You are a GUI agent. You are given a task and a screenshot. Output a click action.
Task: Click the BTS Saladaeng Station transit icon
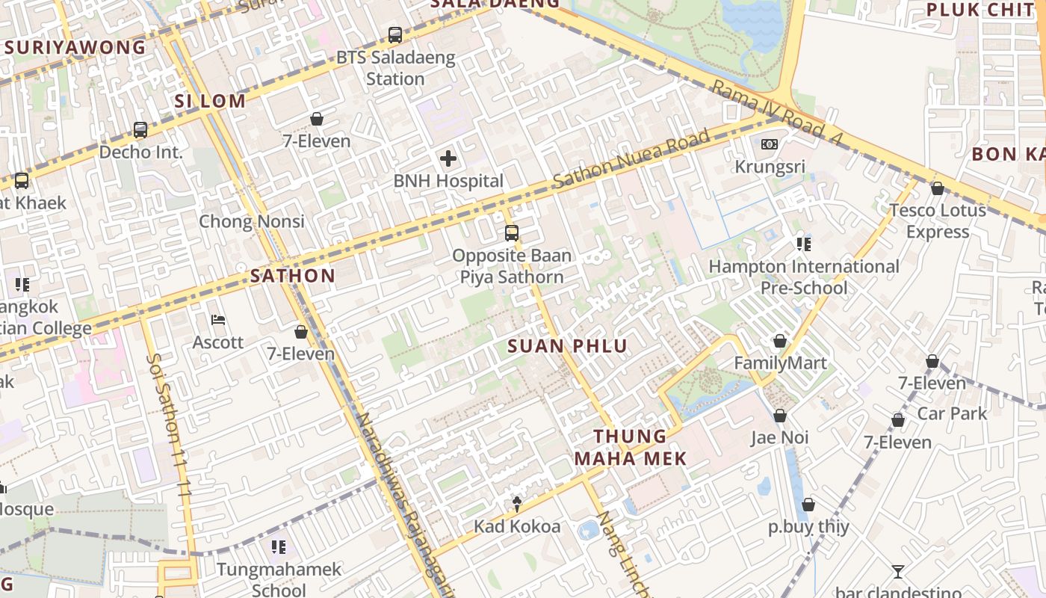[x=395, y=34]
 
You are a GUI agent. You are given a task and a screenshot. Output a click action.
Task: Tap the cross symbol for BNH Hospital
[x=448, y=158]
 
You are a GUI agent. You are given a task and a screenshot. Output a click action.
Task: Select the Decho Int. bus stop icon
[x=140, y=130]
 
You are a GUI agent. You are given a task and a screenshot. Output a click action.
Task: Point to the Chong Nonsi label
[x=251, y=221]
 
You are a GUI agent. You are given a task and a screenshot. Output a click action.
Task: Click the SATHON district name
[x=293, y=276]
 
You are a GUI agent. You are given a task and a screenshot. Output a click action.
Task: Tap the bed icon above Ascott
[x=218, y=320]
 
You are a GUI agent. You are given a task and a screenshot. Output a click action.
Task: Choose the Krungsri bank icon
[x=770, y=144]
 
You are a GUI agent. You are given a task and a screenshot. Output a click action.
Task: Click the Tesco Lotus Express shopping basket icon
[x=938, y=188]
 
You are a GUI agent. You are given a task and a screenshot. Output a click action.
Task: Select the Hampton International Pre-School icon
[x=804, y=244]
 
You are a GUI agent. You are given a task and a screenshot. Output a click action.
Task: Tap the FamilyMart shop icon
[x=780, y=341]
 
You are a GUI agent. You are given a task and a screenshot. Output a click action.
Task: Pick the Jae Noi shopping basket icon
[x=780, y=416]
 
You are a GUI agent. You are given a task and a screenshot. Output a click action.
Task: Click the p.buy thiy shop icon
[x=808, y=505]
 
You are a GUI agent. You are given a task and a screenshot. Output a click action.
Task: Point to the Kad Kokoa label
[x=517, y=526]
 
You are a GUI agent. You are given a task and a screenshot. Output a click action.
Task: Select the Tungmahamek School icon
[x=279, y=547]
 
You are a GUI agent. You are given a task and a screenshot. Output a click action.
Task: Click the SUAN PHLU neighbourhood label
[x=567, y=346]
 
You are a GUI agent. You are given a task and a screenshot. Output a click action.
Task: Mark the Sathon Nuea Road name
[x=631, y=159]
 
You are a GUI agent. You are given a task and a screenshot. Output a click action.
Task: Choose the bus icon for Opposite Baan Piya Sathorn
[x=512, y=233]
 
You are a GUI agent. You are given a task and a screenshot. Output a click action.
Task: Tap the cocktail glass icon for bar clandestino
[x=898, y=572]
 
